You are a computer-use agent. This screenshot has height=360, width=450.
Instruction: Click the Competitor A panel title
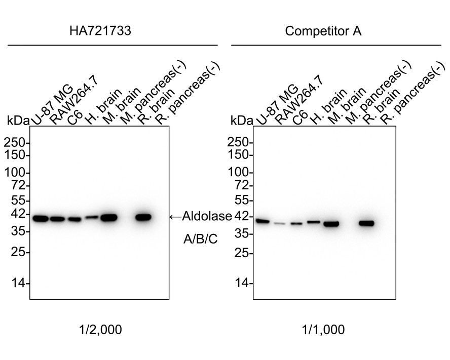click(x=323, y=31)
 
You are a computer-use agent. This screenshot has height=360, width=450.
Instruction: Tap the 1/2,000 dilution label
click(x=100, y=330)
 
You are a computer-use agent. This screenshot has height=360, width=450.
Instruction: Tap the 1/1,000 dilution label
click(x=324, y=330)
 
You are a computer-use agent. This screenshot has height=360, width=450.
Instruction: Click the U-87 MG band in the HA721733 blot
click(x=40, y=219)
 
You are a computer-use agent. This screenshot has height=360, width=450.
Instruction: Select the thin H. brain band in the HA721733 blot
click(x=92, y=217)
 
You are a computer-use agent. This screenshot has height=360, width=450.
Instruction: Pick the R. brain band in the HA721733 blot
click(x=143, y=217)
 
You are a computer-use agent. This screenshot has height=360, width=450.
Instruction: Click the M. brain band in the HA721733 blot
click(x=109, y=218)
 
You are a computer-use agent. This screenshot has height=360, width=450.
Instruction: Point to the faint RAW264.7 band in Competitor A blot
click(x=280, y=223)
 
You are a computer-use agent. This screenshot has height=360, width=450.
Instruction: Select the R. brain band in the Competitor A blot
click(x=366, y=223)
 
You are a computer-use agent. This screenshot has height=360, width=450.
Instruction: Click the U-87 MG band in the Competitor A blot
click(x=262, y=221)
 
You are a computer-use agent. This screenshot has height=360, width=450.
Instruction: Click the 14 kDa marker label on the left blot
click(x=19, y=284)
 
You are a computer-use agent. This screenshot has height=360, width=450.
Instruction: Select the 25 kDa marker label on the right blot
click(x=242, y=253)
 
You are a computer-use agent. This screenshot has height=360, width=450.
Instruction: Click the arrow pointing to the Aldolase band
click(x=175, y=217)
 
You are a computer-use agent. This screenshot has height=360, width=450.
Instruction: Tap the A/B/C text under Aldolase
click(x=201, y=239)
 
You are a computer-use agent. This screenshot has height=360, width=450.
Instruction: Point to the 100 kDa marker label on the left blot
click(x=16, y=173)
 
